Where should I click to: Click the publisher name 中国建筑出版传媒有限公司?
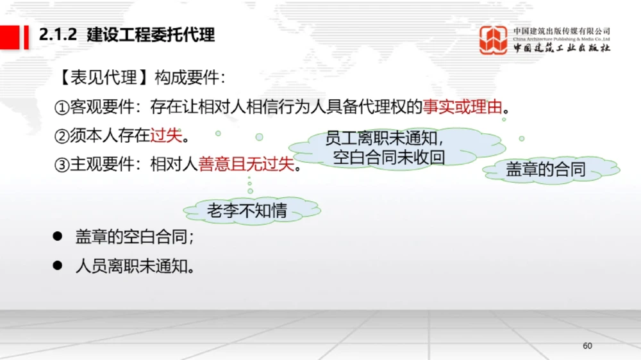coord(562,31)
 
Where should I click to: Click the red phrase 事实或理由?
coord(462,107)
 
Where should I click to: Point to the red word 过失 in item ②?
coord(166,136)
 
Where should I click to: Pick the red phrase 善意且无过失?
coord(246,165)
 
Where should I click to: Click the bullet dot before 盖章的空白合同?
coord(58,236)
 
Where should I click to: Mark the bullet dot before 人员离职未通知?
coord(58,264)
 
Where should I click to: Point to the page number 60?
coord(587,346)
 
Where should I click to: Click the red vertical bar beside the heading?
coord(26,36)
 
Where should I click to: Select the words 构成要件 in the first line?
coord(187,78)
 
